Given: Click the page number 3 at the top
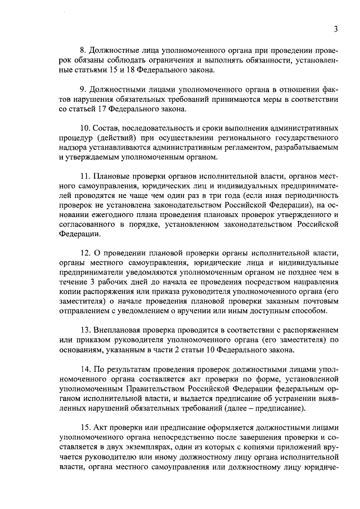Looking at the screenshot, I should (x=336, y=29).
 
